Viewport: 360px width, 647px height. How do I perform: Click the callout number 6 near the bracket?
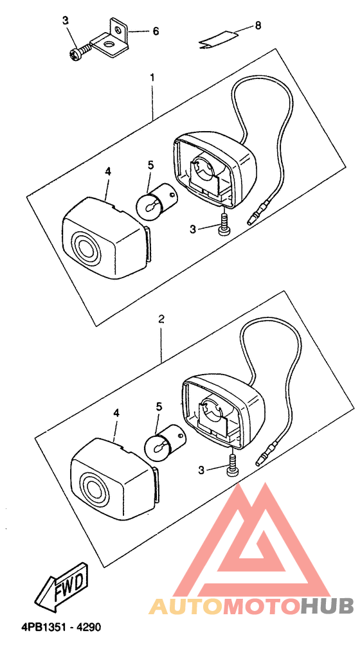tap(156, 31)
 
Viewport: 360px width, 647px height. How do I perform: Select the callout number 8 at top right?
tap(258, 26)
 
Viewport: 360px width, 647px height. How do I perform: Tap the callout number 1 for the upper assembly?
tap(152, 77)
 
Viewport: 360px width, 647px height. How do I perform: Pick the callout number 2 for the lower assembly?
tap(161, 319)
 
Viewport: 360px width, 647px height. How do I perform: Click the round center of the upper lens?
tap(85, 247)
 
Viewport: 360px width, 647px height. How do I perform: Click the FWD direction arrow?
tap(62, 589)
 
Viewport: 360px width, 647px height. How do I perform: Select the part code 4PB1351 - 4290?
tap(60, 627)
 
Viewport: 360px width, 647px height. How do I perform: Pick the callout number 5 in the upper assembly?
tap(151, 165)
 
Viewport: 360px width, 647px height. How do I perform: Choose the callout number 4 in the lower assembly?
tap(116, 414)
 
